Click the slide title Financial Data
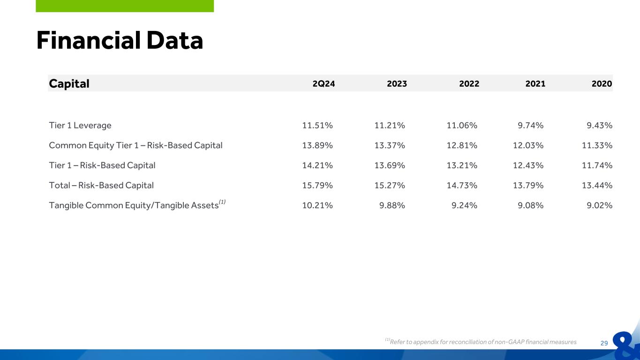(x=120, y=41)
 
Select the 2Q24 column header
(x=324, y=84)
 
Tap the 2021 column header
(x=535, y=84)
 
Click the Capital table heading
(x=69, y=84)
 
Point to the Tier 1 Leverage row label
(x=80, y=126)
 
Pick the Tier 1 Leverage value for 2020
(x=599, y=126)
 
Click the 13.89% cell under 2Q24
(x=317, y=145)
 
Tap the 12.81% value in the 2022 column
(x=462, y=145)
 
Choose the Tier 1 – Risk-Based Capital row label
(x=102, y=165)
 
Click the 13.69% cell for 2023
(x=390, y=165)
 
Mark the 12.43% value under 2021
(x=528, y=165)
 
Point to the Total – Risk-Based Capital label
(x=101, y=186)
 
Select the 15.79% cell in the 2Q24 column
(x=317, y=186)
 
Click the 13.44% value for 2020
(x=597, y=186)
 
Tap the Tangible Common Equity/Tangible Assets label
(x=137, y=204)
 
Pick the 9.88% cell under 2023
(x=392, y=205)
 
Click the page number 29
(x=604, y=343)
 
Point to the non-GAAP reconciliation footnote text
(x=481, y=341)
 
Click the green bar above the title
(x=125, y=6)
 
